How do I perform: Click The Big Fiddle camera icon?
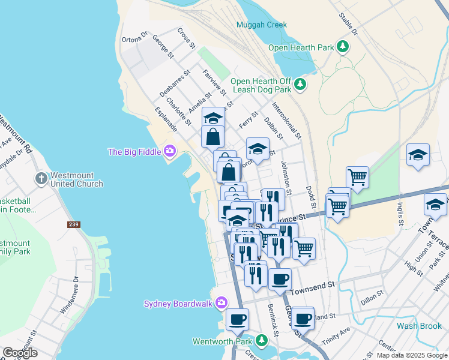point(170,152)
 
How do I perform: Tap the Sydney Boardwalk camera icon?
point(221,303)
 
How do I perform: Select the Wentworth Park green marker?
point(261,341)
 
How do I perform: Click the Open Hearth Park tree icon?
point(343,47)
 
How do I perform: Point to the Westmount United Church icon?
point(41,179)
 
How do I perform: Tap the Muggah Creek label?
point(261,25)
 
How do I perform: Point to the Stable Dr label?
point(348,23)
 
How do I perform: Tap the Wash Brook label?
point(419,326)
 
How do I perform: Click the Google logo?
point(20,352)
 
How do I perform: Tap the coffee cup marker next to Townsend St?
point(280,279)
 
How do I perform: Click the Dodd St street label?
point(310,196)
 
